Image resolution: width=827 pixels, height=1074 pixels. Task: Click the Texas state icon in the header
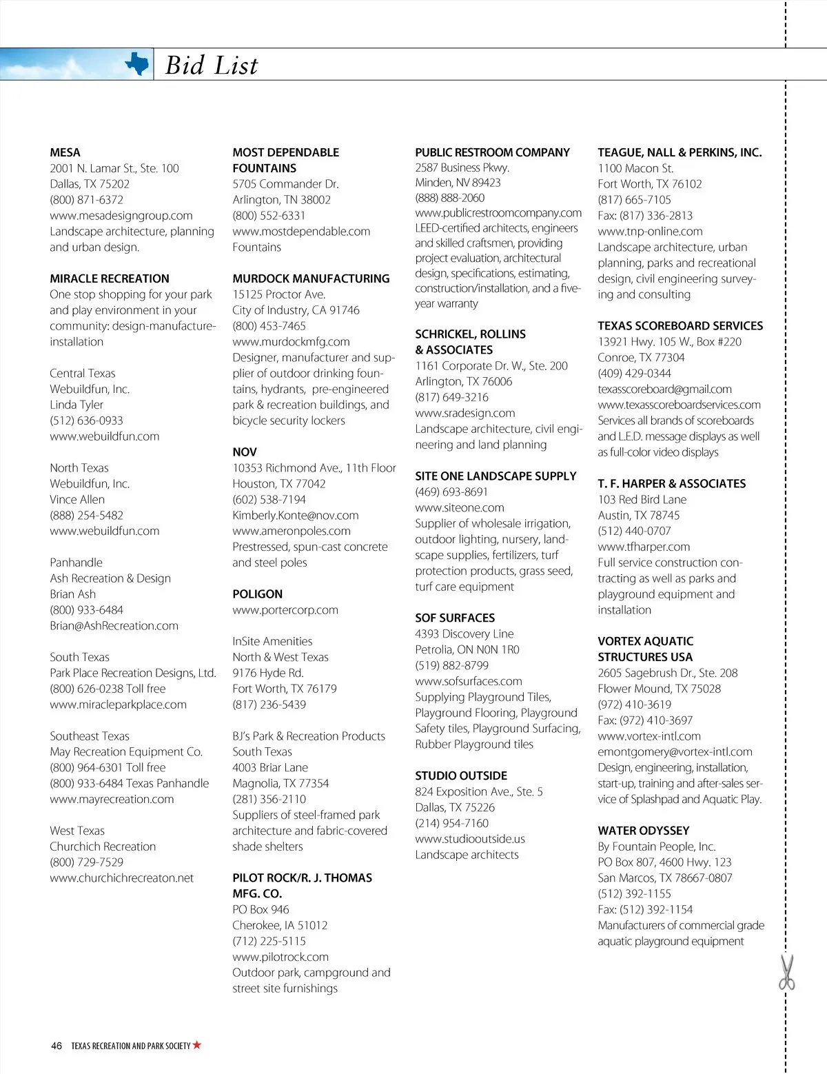click(137, 65)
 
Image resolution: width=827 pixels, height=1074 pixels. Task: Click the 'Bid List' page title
click(212, 65)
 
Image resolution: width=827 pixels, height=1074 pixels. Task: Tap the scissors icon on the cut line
click(786, 972)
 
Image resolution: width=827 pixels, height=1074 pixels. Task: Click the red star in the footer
click(197, 1045)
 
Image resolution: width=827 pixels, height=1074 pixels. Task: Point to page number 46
click(57, 1046)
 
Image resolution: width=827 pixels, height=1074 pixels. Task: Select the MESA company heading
click(65, 152)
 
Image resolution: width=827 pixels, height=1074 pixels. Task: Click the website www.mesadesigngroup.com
click(121, 216)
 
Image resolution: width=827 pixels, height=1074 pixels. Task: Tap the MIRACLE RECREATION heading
click(110, 278)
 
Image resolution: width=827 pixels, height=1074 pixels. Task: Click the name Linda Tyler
click(76, 405)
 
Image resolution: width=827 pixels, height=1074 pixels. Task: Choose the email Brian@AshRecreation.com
click(114, 626)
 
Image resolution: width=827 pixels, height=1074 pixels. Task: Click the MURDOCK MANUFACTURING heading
click(311, 278)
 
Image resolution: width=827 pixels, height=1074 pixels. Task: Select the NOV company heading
click(245, 452)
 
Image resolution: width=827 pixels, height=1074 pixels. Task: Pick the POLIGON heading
click(257, 594)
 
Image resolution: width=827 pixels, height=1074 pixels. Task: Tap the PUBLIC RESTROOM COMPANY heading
click(492, 152)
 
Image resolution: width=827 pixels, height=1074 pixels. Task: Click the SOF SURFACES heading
click(455, 618)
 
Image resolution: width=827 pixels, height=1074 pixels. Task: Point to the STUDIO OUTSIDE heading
click(461, 776)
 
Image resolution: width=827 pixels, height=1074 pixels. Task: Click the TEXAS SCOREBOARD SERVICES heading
click(680, 326)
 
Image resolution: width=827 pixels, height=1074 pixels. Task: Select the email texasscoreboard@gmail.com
click(664, 389)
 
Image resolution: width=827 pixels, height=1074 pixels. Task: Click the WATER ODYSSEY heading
click(643, 831)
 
